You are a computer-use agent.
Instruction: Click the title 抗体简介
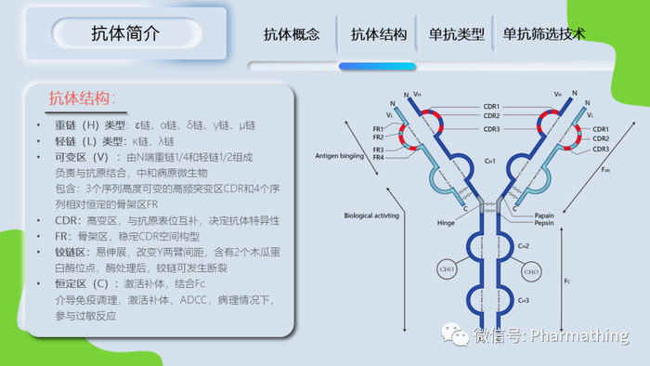(x=125, y=34)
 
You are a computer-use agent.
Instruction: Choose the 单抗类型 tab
(x=457, y=34)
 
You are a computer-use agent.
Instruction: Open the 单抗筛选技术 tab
(x=544, y=34)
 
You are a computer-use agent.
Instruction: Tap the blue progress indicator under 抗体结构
(x=377, y=66)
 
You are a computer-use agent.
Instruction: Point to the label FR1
(x=378, y=128)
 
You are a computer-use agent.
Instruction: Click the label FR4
(x=378, y=157)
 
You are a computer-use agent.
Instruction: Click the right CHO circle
(x=531, y=271)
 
